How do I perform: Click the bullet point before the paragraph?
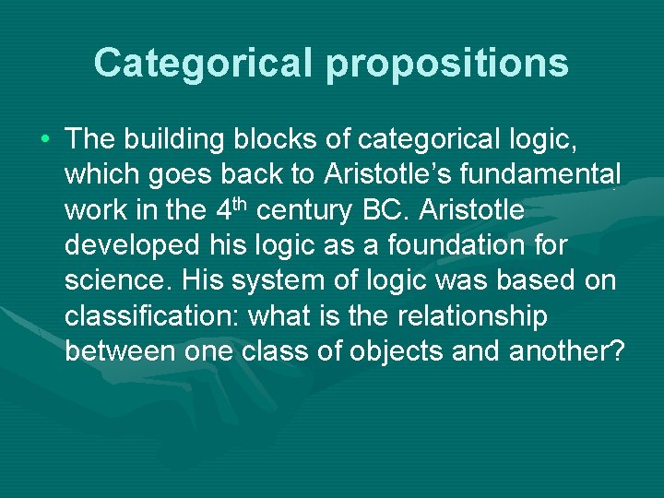(45, 140)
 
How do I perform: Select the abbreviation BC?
(385, 210)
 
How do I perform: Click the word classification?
(151, 316)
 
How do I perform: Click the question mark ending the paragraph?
(618, 351)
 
